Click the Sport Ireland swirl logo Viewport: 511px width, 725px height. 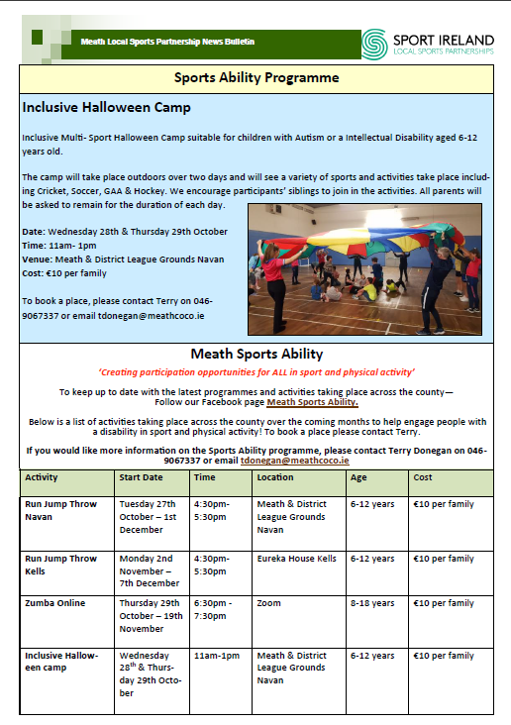(x=374, y=45)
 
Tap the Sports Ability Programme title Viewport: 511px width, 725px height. (x=256, y=77)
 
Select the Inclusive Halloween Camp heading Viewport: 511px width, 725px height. (x=106, y=107)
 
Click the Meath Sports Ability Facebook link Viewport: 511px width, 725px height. (x=313, y=402)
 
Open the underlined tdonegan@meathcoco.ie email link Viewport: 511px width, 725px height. (x=294, y=461)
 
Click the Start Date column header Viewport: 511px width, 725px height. (x=141, y=477)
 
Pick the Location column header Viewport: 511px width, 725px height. (x=275, y=477)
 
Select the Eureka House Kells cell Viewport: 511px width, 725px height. (x=297, y=559)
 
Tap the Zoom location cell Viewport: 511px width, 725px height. (x=268, y=603)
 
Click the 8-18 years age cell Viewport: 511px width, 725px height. (x=372, y=603)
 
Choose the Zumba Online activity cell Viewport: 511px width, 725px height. (x=55, y=603)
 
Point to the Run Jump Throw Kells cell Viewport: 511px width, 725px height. (x=60, y=565)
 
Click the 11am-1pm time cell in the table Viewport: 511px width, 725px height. (x=217, y=656)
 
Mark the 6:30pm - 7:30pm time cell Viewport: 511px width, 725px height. (x=213, y=609)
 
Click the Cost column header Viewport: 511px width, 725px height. (x=423, y=477)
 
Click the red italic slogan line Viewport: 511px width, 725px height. (x=256, y=372)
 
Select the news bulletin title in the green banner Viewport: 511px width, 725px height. (x=167, y=42)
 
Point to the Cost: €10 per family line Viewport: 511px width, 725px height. (x=64, y=273)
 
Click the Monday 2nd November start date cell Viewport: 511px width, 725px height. (x=150, y=571)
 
